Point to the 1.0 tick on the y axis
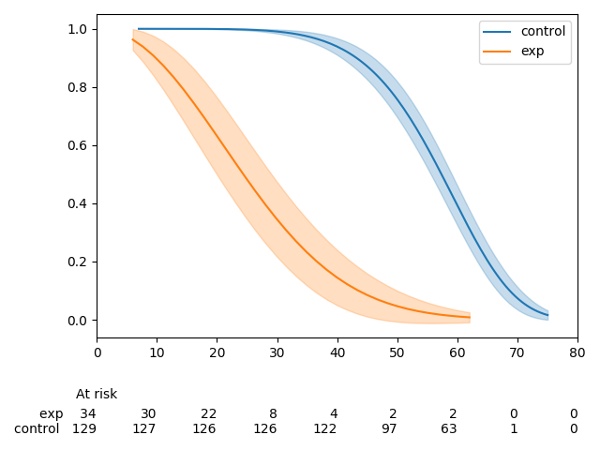(x=78, y=29)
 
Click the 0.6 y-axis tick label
(x=78, y=145)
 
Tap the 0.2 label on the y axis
(x=78, y=262)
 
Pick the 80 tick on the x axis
(x=577, y=352)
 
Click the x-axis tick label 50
(x=397, y=352)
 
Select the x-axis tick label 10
(x=157, y=352)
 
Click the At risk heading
(x=97, y=394)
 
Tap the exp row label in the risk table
(x=52, y=413)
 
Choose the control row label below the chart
(x=37, y=428)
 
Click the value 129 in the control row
(x=84, y=428)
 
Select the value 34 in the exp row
(x=88, y=413)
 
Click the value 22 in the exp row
(x=208, y=413)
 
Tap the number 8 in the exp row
(x=273, y=413)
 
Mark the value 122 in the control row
(x=324, y=428)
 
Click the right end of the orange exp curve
(x=470, y=317)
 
